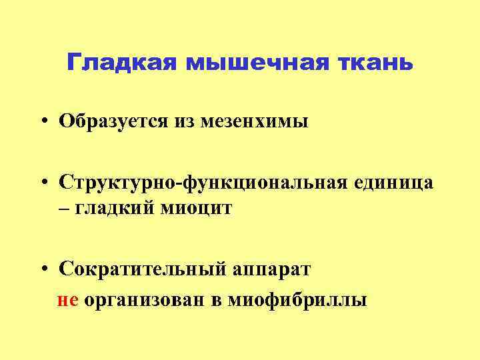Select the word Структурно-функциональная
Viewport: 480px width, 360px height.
pyautogui.click(x=202, y=183)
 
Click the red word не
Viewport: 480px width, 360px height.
pyautogui.click(x=69, y=299)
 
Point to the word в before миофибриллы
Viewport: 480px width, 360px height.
pyautogui.click(x=217, y=300)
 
